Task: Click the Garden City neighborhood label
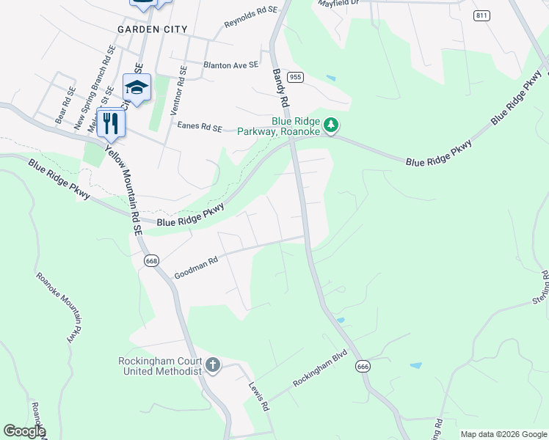[153, 29]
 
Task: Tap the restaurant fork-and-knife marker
[111, 122]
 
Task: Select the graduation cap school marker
[136, 87]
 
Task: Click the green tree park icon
[332, 125]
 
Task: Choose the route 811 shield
[481, 15]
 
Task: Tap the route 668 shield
[152, 260]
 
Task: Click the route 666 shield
[362, 366]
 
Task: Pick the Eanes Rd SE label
[200, 127]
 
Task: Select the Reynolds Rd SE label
[251, 16]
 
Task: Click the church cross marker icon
[213, 364]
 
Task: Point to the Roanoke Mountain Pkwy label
[57, 309]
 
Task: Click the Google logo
[23, 431]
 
